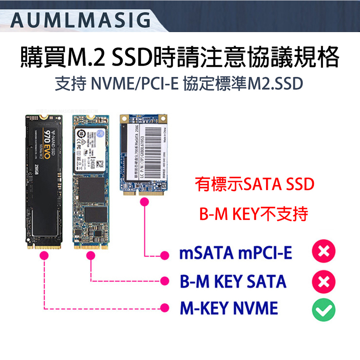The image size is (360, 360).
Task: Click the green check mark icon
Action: point(324,308)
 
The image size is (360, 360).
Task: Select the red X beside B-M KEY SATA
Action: point(324,281)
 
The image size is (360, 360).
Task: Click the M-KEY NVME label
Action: point(228,308)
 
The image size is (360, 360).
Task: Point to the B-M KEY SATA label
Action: point(233,281)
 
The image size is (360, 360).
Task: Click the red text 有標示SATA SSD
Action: point(255,185)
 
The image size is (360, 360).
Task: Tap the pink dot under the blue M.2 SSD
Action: point(91,255)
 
